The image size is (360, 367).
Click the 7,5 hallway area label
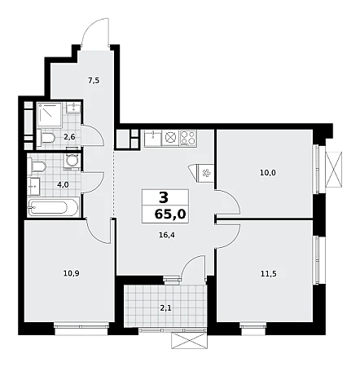pos(94,81)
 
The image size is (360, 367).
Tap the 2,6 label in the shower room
pos(69,137)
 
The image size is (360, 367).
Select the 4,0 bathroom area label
pos(63,185)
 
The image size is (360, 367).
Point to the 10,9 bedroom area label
pos(71,273)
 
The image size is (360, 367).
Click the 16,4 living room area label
pos(167,235)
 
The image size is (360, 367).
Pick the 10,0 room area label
pos(268,173)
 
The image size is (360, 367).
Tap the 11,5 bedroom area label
pos(269,274)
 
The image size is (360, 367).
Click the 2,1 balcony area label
pos(165,308)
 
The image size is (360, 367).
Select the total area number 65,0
pos(170,214)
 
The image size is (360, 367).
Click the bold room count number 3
pos(164,197)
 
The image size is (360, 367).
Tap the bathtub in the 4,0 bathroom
pos(53,207)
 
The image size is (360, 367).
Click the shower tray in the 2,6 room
pos(50,114)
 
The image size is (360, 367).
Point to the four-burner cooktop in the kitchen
pos(187,138)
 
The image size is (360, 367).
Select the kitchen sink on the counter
pos(153,139)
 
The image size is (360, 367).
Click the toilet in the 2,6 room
pos(46,138)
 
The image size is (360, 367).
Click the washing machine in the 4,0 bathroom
pos(72,161)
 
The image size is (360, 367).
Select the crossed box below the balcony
pos(189,341)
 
